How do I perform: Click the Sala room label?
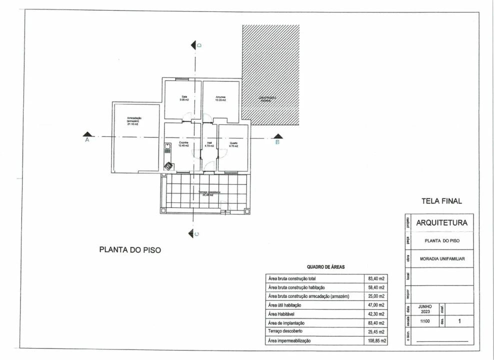click(184, 98)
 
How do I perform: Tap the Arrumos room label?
click(220, 98)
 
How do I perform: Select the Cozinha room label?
click(184, 144)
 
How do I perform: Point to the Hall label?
click(209, 144)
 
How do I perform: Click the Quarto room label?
click(233, 144)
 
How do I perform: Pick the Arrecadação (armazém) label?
click(134, 120)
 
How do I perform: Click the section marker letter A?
click(87, 141)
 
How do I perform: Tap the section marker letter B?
click(277, 142)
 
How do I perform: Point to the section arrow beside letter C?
click(190, 233)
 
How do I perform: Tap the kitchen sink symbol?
click(167, 148)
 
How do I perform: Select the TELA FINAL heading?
click(442, 201)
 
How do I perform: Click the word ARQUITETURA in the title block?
click(441, 223)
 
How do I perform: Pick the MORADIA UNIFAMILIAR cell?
click(441, 258)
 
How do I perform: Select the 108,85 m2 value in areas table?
click(376, 340)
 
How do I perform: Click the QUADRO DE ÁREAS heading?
click(325, 267)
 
